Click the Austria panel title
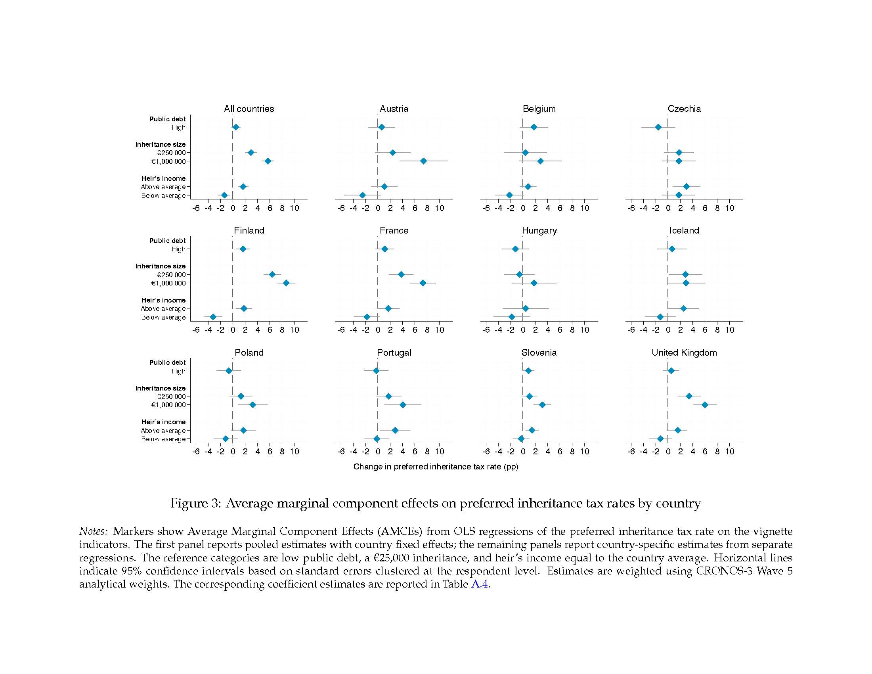tap(394, 109)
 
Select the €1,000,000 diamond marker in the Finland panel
tap(286, 283)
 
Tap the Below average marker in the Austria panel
tap(363, 195)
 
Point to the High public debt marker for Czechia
tap(658, 127)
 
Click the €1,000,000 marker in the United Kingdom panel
tap(705, 405)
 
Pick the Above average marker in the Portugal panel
tap(395, 430)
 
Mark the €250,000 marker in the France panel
tap(401, 274)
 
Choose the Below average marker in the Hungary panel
tap(512, 317)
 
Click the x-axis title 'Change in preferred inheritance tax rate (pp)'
tap(436, 467)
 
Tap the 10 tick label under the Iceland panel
tap(729, 330)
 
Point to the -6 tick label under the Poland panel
tap(196, 452)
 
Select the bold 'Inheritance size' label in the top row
tap(161, 144)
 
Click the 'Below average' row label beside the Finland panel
tap(163, 318)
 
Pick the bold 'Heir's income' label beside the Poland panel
tap(163, 422)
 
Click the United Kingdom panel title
tap(684, 352)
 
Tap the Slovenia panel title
tap(539, 352)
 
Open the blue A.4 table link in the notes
tap(480, 584)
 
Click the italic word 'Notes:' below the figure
tap(94, 531)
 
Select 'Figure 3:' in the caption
tap(196, 503)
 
